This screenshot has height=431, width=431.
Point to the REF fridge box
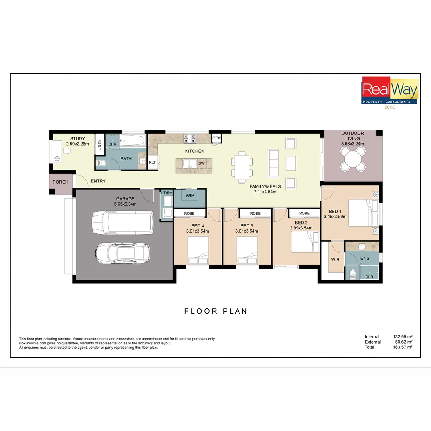tap(152, 162)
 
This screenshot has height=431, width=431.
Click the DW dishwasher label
tap(202, 164)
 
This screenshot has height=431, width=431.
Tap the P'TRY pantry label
tap(217, 138)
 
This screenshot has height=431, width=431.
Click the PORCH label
tap(61, 182)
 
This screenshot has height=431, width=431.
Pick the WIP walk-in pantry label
tap(190, 196)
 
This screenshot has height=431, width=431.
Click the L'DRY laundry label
tap(166, 193)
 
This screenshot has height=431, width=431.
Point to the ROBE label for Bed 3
tap(255, 214)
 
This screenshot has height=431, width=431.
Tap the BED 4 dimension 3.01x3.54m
tap(198, 231)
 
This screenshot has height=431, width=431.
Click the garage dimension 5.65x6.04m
tap(125, 204)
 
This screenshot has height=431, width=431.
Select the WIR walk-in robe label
tap(335, 259)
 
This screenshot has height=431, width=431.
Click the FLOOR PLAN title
tap(215, 311)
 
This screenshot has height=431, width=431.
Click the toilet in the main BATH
tap(103, 163)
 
